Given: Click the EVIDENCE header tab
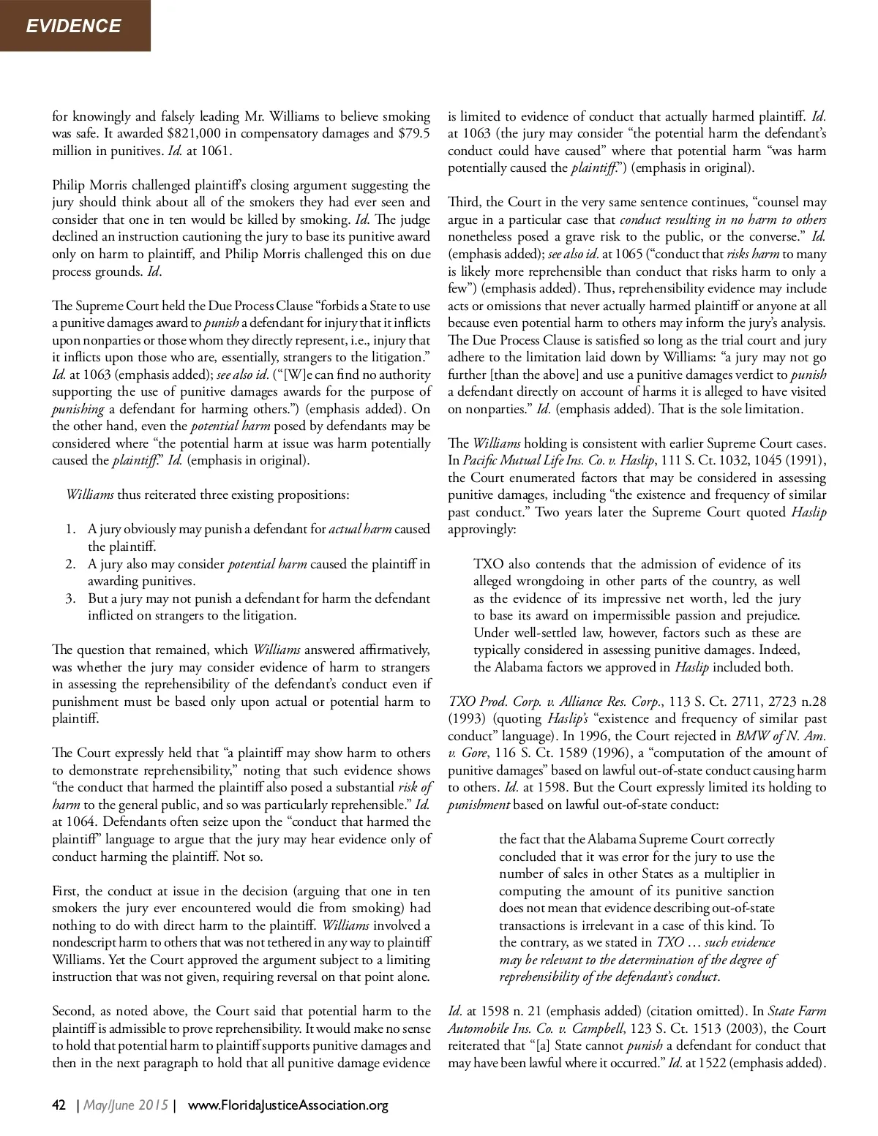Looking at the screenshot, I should click(x=73, y=26).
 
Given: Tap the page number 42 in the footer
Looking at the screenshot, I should click(x=59, y=1105).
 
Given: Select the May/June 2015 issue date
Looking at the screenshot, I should click(x=127, y=1105).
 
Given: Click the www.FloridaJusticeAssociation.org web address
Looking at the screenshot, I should click(x=288, y=1105).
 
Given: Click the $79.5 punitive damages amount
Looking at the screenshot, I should click(x=415, y=134).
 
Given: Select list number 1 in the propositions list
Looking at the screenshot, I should click(x=71, y=529).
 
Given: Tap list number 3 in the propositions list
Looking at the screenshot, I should click(x=71, y=598).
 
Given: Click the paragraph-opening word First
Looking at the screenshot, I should click(x=67, y=891).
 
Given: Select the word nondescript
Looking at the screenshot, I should click(x=86, y=943).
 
